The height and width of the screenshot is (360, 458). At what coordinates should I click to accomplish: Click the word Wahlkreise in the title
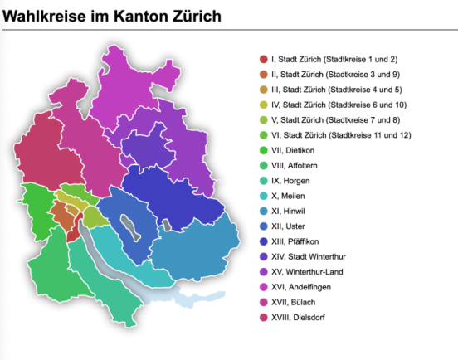click(45, 16)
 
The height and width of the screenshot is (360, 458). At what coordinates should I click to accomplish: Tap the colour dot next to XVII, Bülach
click(264, 301)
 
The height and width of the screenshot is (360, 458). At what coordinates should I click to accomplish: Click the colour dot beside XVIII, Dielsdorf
click(264, 316)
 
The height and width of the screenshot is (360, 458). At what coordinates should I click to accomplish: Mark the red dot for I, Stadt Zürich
click(264, 59)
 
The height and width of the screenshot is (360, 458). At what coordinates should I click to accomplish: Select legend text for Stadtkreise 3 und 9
click(332, 74)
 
